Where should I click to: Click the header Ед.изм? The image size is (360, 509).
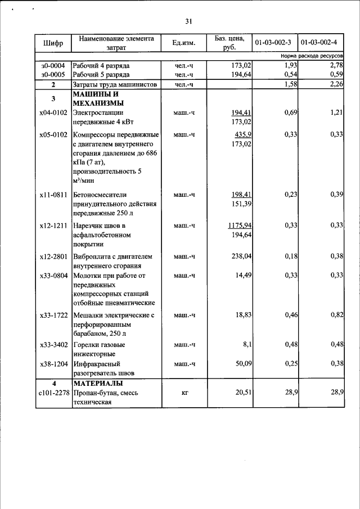183,43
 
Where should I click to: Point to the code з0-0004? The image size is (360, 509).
53,66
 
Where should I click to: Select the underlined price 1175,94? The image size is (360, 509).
240,226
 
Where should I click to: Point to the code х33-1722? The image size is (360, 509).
53,316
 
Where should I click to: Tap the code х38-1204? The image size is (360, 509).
53,363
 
